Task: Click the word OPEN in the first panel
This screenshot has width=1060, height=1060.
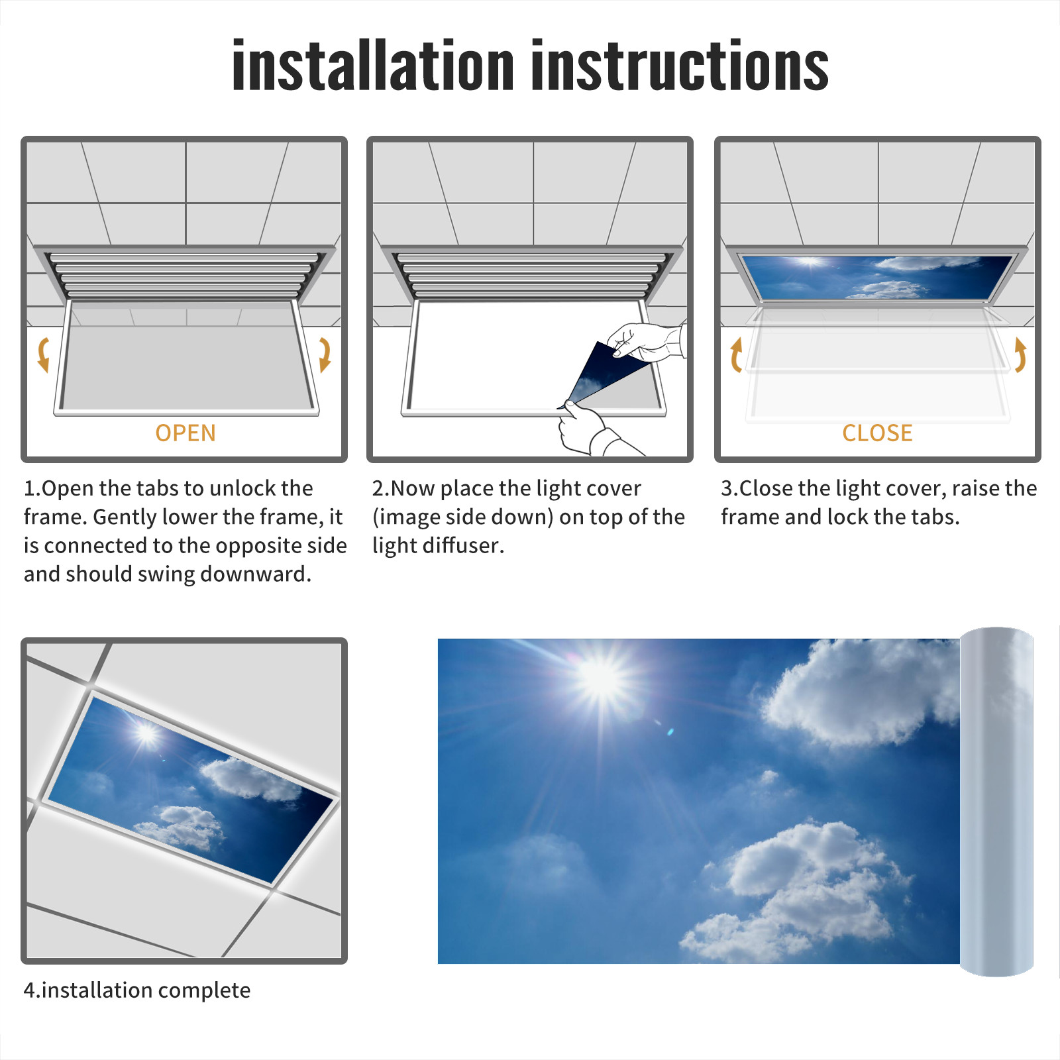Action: (185, 433)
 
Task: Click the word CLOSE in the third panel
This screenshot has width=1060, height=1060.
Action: (877, 433)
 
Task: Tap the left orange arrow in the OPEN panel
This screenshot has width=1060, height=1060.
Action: (44, 354)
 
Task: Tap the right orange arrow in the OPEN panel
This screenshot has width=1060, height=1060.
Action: (325, 354)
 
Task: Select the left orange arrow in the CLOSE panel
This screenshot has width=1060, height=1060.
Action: (735, 354)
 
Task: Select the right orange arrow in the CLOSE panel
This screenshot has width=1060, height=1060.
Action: (1020, 354)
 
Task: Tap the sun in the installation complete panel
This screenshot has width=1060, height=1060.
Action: (146, 733)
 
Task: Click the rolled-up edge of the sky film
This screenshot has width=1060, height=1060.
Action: (996, 802)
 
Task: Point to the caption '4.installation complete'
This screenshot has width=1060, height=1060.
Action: (137, 990)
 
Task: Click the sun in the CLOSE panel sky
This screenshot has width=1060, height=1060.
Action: (810, 262)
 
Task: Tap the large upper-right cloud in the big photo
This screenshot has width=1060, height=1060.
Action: (861, 692)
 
